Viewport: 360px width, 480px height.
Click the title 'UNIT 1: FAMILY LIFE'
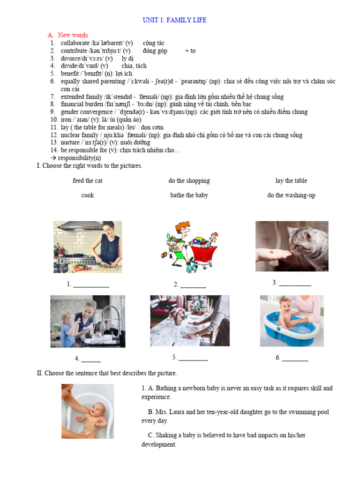[x=174, y=20]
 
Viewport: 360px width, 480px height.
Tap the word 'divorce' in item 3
[x=70, y=59]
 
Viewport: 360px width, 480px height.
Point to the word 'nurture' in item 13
[x=70, y=142]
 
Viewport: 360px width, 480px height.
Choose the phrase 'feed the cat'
[x=87, y=181]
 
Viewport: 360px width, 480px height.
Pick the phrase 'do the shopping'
[x=189, y=181]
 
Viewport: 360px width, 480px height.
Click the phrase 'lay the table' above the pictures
[x=291, y=181]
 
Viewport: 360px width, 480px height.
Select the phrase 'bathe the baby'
[x=189, y=195]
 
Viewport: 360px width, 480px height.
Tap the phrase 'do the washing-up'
[x=291, y=195]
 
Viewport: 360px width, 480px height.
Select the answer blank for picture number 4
[x=91, y=360]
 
